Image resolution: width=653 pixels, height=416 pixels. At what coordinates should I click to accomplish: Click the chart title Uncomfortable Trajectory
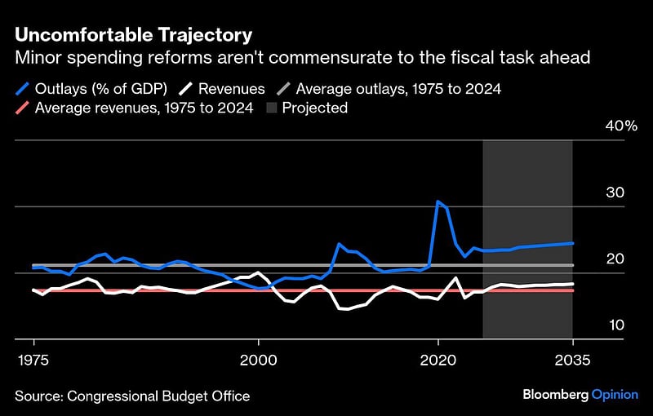(x=133, y=35)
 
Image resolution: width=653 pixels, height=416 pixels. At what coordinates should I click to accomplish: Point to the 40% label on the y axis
(x=621, y=126)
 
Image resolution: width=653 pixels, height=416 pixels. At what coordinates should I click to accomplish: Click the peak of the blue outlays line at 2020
(x=438, y=201)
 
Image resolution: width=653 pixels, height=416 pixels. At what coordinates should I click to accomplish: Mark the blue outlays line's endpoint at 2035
(x=572, y=243)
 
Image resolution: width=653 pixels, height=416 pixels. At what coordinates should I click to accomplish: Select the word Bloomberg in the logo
(x=555, y=395)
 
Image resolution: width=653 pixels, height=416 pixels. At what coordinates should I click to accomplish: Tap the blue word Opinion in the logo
(x=615, y=395)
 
